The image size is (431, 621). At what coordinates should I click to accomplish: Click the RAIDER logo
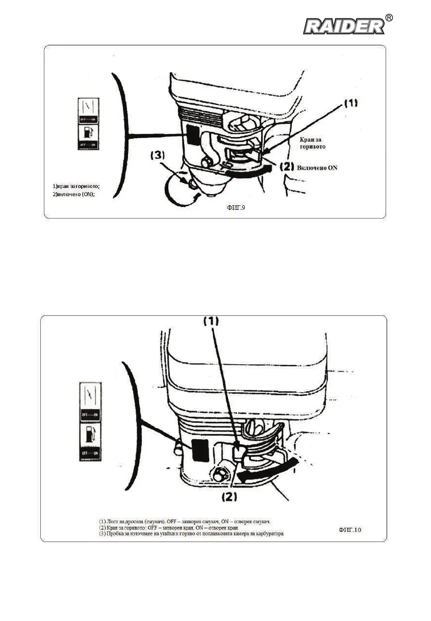pos(344,26)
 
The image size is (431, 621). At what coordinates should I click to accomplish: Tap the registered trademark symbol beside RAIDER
pos(389,18)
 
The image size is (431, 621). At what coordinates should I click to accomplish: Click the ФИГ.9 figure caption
pos(236,207)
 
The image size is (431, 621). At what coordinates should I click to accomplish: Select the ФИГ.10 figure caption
pos(350,530)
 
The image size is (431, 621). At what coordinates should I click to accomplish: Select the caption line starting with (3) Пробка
pos(191,533)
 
